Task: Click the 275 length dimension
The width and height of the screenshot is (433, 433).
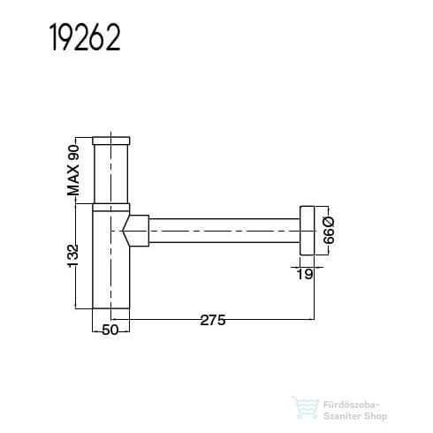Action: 212,321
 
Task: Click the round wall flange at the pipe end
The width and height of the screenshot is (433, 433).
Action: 307,233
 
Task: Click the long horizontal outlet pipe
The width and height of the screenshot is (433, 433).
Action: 221,232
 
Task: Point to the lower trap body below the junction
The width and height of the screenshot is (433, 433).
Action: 111,274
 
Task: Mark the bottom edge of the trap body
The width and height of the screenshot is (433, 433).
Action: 111,307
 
